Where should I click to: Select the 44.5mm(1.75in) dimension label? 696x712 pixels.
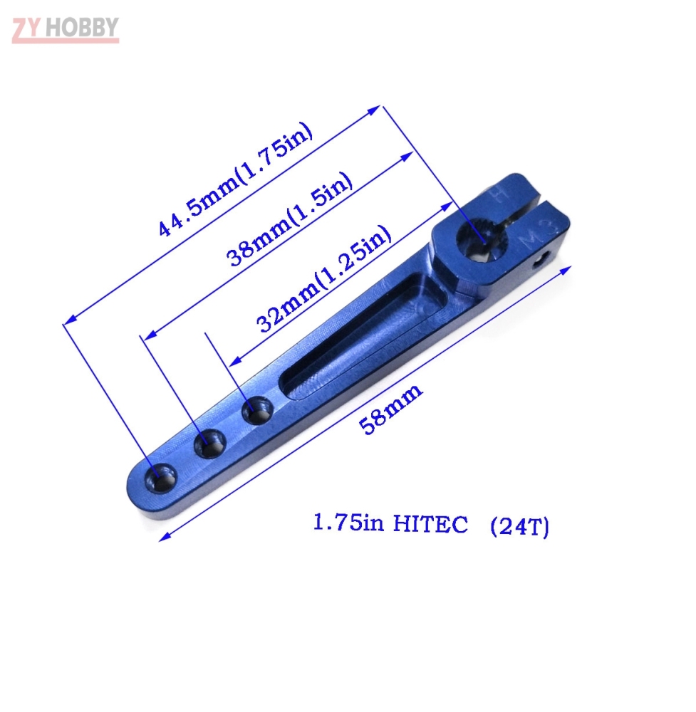[x=234, y=182]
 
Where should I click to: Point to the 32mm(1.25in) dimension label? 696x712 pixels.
[x=324, y=278]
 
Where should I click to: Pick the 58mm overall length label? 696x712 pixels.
[x=390, y=409]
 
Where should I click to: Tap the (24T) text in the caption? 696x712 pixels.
[x=519, y=527]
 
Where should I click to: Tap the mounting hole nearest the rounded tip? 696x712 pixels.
[x=161, y=476]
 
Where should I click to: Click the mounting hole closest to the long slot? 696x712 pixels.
[x=256, y=412]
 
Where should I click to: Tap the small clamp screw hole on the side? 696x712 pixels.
[x=545, y=259]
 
